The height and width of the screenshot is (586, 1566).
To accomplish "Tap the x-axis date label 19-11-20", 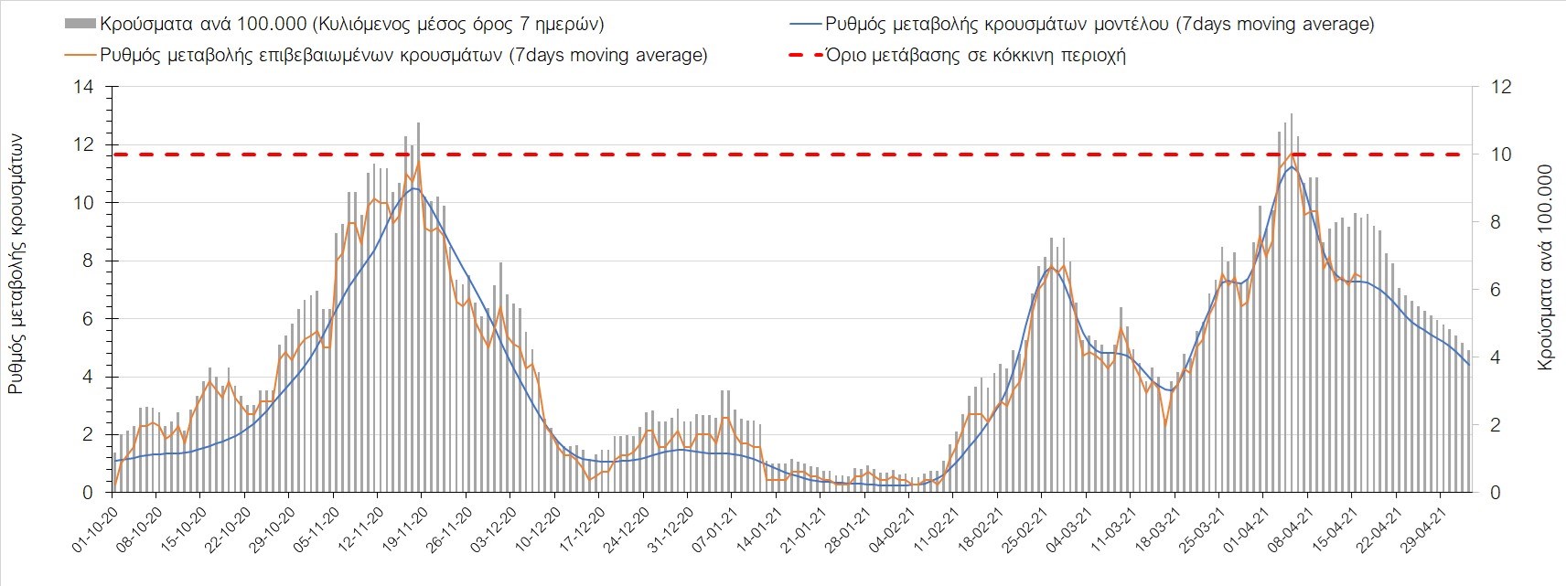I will [402, 526].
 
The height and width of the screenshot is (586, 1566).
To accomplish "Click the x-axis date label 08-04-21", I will [1288, 526].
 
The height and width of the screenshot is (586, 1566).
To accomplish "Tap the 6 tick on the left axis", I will [88, 319].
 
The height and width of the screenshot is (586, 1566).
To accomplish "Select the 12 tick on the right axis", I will [1502, 88].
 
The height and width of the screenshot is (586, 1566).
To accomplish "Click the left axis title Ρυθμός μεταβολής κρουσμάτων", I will [16, 262].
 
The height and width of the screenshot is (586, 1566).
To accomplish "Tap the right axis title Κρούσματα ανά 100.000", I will [1545, 267].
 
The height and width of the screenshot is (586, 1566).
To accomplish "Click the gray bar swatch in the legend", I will [79, 24].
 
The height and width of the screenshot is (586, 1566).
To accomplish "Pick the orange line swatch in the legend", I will [79, 55].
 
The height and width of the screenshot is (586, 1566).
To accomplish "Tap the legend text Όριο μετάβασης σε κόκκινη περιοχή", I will [975, 55].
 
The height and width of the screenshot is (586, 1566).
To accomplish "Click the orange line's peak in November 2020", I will [419, 163].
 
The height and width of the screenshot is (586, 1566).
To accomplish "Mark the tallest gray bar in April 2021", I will [1291, 115].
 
